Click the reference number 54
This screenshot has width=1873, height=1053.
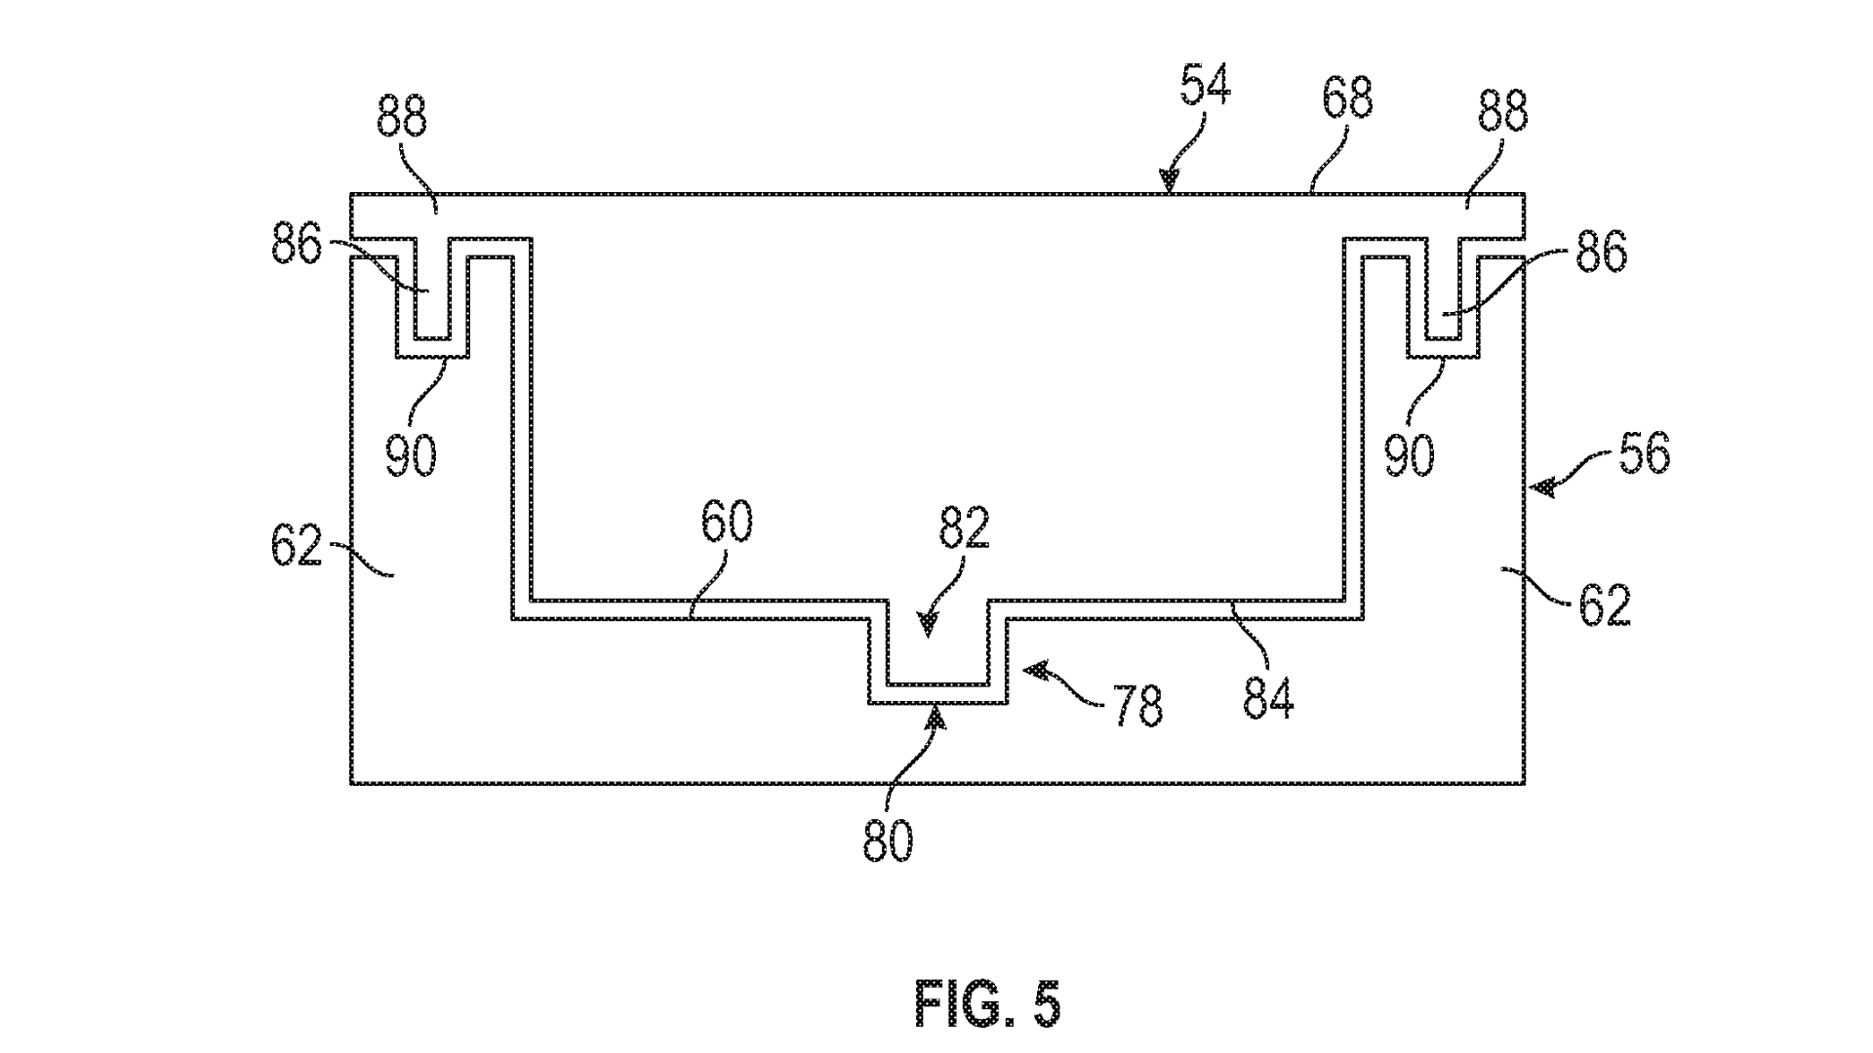pos(1205,88)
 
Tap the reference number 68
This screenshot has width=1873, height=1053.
pos(1347,98)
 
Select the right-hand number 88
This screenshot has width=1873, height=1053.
pos(1501,112)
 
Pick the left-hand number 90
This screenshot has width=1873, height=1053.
pos(411,455)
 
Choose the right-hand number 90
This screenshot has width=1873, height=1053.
pos(1410,455)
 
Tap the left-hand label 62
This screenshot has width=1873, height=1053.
pos(296,546)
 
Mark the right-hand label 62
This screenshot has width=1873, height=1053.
pos(1605,606)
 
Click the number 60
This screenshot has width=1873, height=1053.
pos(727,524)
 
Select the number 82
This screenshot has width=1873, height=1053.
pos(964,528)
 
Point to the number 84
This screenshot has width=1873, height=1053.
pos(1268,698)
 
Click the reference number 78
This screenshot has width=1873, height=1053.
pos(1137,706)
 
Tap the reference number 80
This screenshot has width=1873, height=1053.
pos(888,840)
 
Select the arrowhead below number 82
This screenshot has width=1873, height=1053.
pos(926,623)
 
